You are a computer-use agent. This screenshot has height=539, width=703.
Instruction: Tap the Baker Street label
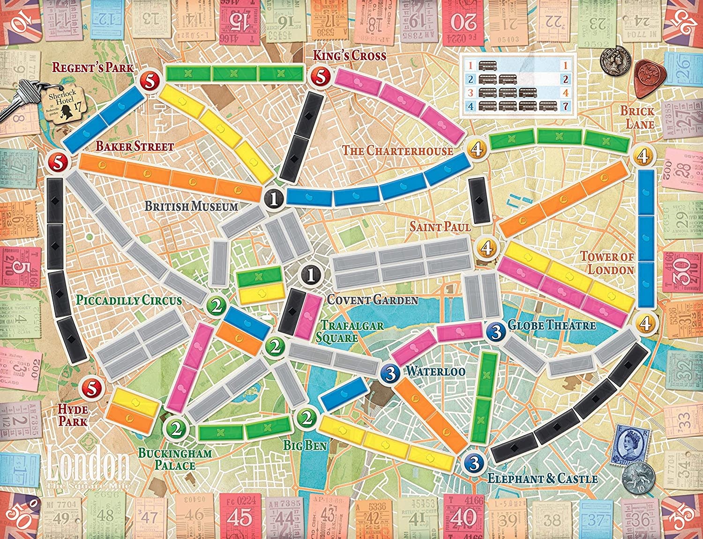(x=135, y=147)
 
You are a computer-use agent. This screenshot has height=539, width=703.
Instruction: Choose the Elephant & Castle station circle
(x=474, y=463)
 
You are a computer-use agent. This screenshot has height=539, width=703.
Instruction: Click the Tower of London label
(x=607, y=263)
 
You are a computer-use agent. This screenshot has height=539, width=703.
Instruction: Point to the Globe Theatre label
(x=552, y=325)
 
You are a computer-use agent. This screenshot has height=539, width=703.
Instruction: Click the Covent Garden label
(x=372, y=300)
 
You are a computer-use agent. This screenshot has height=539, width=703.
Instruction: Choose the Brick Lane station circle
(x=641, y=155)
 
